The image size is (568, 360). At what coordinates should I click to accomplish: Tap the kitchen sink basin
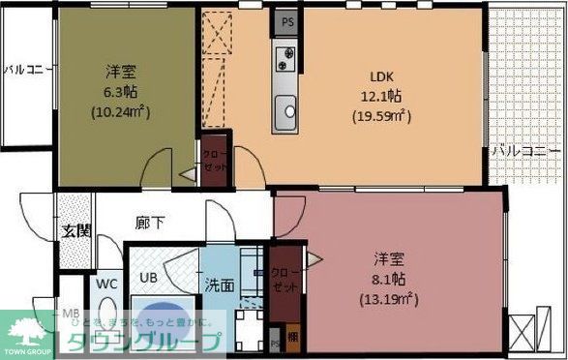pos(287,114)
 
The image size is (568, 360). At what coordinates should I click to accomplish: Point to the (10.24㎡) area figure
pos(121,111)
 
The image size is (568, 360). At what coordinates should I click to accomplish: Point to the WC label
pos(106,285)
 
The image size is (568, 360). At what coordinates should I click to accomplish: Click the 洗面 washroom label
pos(219,286)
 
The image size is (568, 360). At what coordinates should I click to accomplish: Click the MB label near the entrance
pos(71,315)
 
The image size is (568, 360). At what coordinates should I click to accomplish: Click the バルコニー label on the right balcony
pos(525,152)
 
